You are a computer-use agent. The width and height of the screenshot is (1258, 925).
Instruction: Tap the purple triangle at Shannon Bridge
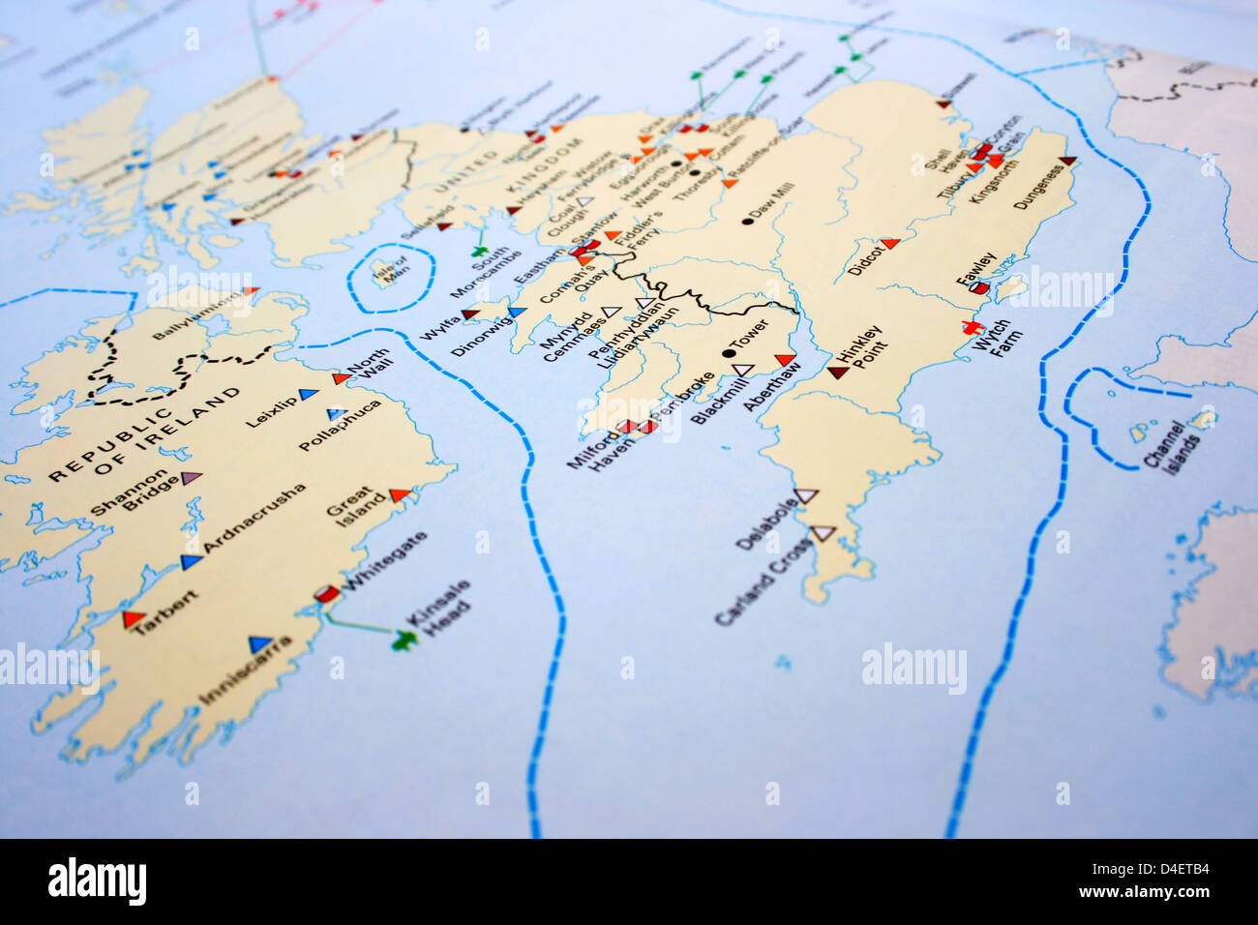coord(192,477)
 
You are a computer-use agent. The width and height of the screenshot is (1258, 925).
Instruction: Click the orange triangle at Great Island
coord(399,495)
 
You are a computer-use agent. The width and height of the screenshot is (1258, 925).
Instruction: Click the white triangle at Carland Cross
coord(823,532)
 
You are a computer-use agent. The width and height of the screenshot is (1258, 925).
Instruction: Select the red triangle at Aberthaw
coord(786,361)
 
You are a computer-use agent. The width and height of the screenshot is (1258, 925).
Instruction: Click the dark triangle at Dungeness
coord(1066,161)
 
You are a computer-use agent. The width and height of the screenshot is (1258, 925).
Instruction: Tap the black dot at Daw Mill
coord(747,222)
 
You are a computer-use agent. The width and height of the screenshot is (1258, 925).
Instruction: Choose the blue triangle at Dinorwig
coord(518,313)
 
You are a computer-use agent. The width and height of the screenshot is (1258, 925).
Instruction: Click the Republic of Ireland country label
coord(145,434)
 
